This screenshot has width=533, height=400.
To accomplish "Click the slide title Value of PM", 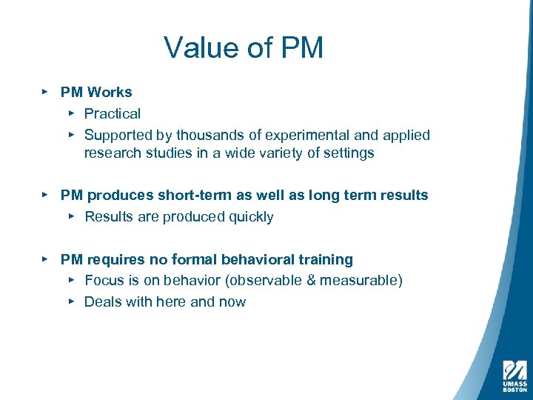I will [244, 47].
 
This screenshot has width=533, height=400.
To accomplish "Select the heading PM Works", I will [96, 93].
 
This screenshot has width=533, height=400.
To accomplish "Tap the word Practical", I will [112, 114].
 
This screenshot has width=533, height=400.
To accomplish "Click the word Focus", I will [104, 281].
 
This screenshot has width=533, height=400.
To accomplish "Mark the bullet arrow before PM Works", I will [44, 92].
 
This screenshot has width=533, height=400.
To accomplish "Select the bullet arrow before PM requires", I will [44, 259].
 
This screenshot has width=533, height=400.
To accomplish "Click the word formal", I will [195, 260].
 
